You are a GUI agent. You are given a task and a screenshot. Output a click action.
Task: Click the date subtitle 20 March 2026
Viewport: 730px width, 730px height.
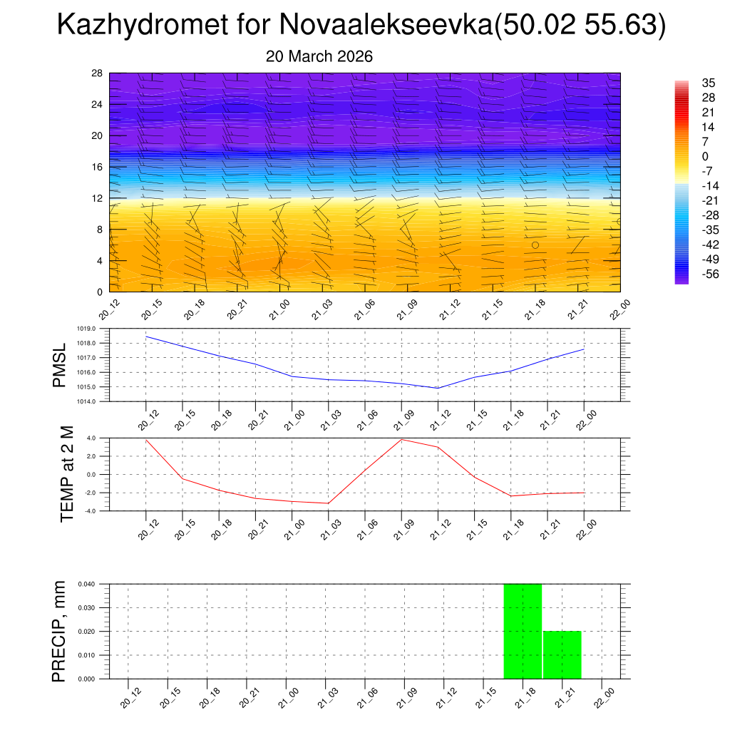[x=319, y=56]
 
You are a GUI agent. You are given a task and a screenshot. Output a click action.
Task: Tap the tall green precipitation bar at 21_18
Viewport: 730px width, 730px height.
[x=523, y=631]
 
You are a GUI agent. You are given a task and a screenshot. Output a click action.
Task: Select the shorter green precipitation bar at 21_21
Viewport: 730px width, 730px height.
[x=562, y=654]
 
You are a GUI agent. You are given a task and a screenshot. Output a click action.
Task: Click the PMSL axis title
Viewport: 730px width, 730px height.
[x=59, y=365]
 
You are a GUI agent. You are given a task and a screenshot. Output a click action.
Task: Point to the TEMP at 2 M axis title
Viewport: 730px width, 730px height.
[x=68, y=474]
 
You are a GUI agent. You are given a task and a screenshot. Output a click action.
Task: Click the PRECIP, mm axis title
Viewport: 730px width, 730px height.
[x=59, y=631]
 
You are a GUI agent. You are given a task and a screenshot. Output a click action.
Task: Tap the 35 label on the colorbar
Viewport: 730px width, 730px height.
[x=709, y=83]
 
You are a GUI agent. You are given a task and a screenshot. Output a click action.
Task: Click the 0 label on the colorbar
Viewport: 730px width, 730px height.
[x=705, y=156]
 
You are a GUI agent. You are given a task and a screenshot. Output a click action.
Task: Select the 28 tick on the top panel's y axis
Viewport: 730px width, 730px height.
[x=98, y=73]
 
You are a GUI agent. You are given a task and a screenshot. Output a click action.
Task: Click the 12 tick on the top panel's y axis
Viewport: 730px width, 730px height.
[x=98, y=198]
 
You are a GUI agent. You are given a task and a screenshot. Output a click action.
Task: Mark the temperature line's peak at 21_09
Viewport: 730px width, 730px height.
[x=401, y=439]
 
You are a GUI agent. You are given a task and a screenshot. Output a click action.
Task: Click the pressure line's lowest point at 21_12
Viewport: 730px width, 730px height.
[x=438, y=388]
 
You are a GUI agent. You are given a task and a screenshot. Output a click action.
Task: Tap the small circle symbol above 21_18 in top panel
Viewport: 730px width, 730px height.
[x=535, y=245]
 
